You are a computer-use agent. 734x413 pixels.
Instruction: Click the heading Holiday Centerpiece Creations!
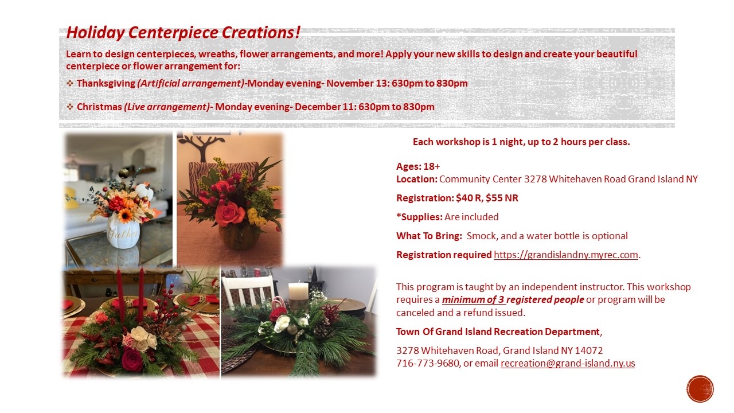[x=183, y=33]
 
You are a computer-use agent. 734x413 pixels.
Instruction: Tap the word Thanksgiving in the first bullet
[x=106, y=83]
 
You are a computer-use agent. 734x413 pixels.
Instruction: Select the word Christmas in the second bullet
[x=99, y=107]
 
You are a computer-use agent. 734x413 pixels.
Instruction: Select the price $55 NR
[x=502, y=198]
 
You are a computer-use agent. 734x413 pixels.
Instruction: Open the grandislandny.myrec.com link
[x=566, y=255]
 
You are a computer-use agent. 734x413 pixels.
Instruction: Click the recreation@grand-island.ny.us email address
[x=568, y=363]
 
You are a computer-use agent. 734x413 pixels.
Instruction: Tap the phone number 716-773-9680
[x=427, y=363]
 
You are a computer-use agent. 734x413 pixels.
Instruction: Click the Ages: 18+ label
[x=418, y=166]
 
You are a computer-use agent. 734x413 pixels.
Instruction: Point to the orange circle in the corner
[x=700, y=389]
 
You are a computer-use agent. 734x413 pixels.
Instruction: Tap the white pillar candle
[x=298, y=291]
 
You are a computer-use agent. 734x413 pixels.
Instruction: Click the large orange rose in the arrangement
[x=230, y=214]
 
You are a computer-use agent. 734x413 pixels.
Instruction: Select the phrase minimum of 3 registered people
[x=513, y=299]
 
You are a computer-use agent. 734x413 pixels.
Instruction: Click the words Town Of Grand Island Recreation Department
[x=498, y=332]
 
